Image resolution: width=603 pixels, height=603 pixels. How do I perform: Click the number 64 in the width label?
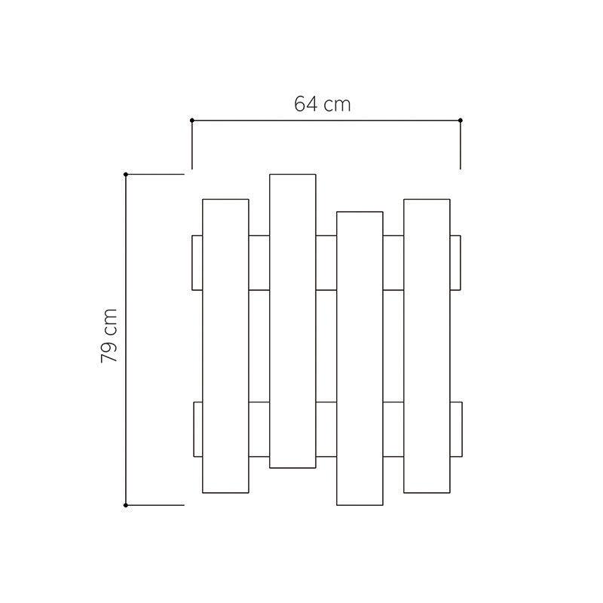pos(306,104)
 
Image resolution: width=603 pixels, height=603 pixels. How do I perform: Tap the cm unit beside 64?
pos(337,105)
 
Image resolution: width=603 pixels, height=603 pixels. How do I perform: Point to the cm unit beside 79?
pos(110,322)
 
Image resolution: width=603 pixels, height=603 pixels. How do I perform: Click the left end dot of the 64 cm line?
pos(192,121)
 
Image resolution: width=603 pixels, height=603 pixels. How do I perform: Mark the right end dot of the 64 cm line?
pos(461,121)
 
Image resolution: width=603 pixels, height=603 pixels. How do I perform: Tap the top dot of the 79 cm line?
pos(126,174)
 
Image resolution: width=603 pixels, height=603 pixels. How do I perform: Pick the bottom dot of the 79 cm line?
pos(126,505)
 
